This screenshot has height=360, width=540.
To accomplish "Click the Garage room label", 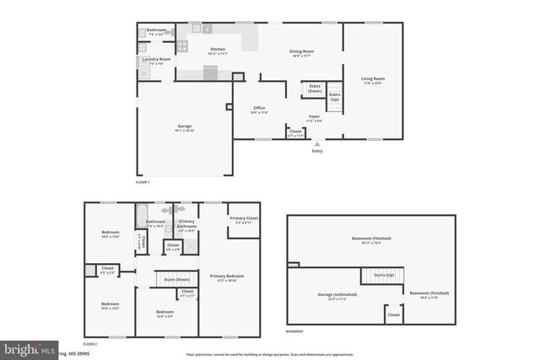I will coord(185,126).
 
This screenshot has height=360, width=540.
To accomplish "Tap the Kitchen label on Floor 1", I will coord(218,50).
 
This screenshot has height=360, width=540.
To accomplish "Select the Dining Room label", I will coord(301,51).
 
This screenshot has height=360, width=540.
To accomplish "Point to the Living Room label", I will coord(373,79).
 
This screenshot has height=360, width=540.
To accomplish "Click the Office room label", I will coord(260,108).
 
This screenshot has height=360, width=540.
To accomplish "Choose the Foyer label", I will coord(313,116).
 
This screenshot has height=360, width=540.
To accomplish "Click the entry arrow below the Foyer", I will coord(317,143).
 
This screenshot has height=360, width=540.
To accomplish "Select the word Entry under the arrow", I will coord(317,151).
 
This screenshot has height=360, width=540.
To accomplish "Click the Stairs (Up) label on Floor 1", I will coord(334,96).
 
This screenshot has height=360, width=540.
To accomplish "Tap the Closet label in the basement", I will coord(393,314).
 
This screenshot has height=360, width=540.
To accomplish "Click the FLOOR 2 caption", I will coord(89,344).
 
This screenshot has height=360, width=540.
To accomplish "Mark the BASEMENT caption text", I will coord(294,331).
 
